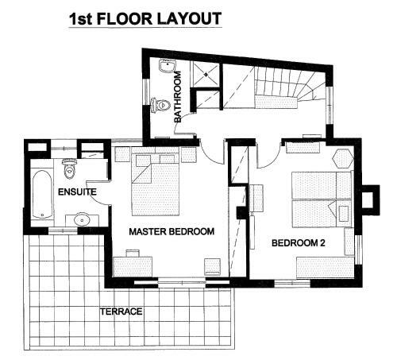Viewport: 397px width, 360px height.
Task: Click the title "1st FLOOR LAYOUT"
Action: (x=145, y=19)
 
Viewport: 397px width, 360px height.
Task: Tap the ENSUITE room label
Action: (x=77, y=192)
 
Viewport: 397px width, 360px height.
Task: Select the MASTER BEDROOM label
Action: (x=172, y=231)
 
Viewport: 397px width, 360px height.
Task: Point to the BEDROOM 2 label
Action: (x=299, y=242)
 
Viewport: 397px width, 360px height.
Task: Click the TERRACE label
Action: (x=121, y=312)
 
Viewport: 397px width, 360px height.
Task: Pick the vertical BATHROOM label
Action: (x=178, y=97)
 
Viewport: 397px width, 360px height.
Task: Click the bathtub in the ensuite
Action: (x=42, y=194)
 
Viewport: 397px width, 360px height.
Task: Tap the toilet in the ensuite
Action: (x=69, y=168)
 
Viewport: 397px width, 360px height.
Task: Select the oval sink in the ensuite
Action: (x=82, y=219)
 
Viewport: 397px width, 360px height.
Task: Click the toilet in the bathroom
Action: (x=160, y=105)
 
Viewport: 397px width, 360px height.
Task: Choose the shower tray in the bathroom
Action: (x=206, y=75)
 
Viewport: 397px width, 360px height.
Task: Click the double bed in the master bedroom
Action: (x=156, y=181)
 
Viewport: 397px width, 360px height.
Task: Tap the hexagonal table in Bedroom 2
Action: (x=343, y=158)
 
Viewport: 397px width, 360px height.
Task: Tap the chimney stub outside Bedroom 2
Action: (x=371, y=199)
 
